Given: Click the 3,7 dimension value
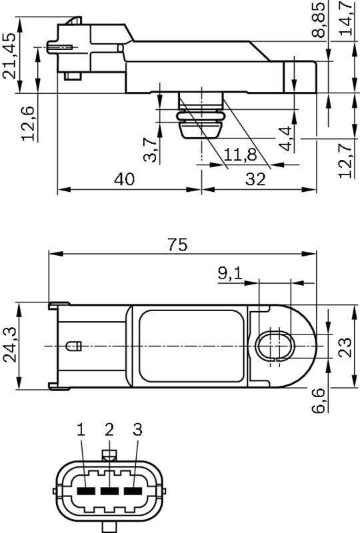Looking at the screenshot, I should point(151,149).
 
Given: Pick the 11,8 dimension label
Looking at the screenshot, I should point(240,155).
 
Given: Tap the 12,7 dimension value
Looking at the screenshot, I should point(345,160).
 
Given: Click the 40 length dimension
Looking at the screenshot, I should point(124,179).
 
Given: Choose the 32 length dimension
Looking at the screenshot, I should point(255,179).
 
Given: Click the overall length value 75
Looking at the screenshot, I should point(177,245).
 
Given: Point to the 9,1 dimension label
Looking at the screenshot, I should point(231,272).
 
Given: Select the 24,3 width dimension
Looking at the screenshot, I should point(10,344).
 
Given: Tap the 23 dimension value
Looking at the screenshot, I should point(345,346).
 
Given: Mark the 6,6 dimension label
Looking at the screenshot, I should point(319,400).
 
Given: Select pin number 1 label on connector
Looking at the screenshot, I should point(81,430).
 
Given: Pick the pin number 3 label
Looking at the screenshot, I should point(137,430).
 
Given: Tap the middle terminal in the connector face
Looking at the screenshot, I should point(109,492).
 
